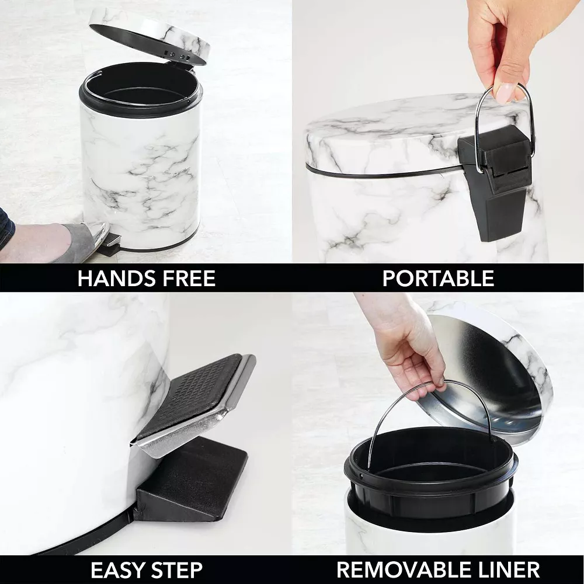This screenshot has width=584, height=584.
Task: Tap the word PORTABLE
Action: point(438,278)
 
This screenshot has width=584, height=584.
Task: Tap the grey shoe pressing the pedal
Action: point(82,239)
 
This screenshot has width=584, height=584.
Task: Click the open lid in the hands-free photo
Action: point(149,35)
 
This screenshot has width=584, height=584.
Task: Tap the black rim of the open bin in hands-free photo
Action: point(140,108)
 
